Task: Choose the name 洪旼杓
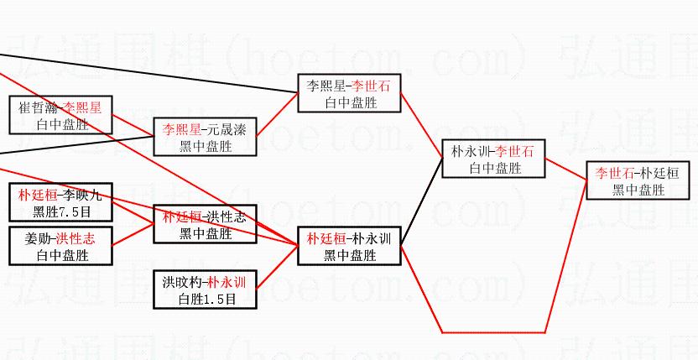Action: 185,282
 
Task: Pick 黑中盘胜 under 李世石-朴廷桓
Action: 639,190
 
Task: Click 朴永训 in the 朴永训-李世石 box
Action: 469,152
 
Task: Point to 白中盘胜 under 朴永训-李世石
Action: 495,168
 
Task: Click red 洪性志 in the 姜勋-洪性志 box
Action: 76,238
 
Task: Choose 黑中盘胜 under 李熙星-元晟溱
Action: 206,146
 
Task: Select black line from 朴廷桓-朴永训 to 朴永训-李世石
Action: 422,202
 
